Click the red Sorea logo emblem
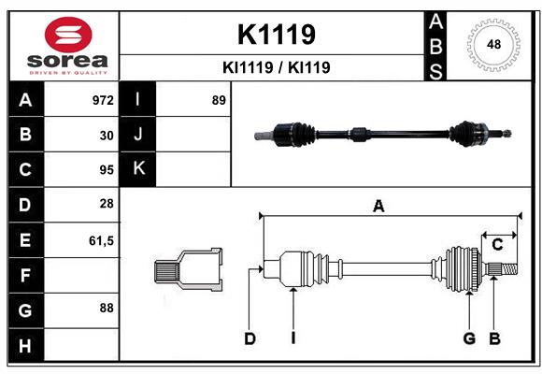click(68, 35)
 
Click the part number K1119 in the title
click(277, 35)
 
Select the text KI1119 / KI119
click(277, 67)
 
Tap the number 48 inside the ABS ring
click(493, 44)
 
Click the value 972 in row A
click(103, 100)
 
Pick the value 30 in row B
click(107, 136)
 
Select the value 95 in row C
click(107, 170)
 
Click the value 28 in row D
click(107, 204)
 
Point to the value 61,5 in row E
click(101, 241)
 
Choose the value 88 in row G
click(107, 308)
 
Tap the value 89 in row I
click(219, 100)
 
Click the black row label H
click(26, 345)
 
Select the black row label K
click(138, 168)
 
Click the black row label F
click(26, 276)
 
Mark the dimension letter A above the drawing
click(378, 207)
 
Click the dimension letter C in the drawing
click(497, 245)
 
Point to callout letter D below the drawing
click(250, 338)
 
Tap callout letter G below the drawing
click(469, 338)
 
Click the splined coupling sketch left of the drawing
click(189, 269)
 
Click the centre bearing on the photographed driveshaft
click(359, 134)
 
